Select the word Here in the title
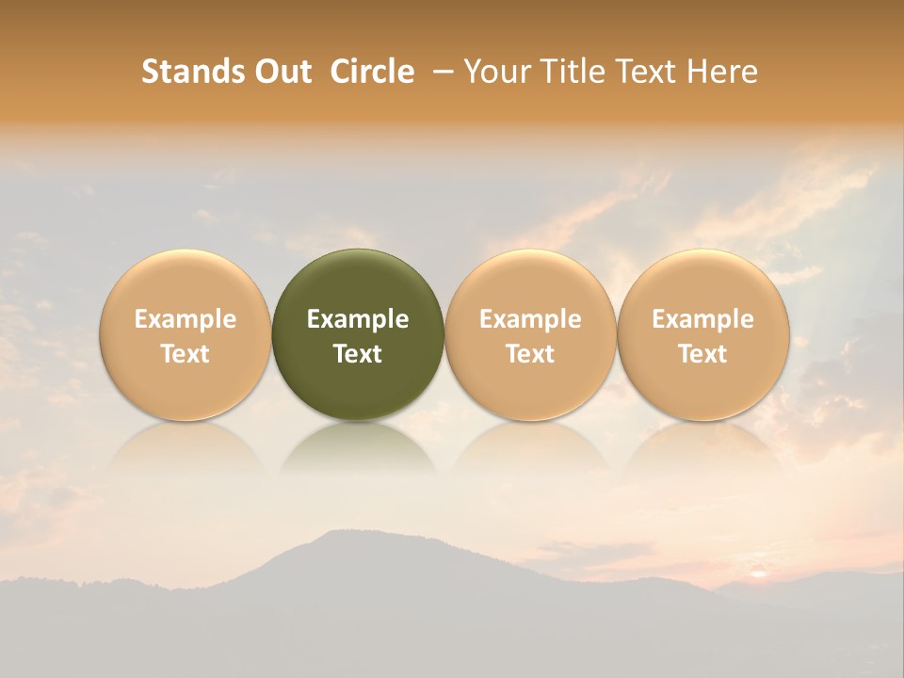point(720,73)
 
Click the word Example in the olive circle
point(358,319)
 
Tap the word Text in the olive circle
point(358,354)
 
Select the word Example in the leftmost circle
point(186,319)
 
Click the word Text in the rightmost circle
point(702,354)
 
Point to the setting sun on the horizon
point(759,572)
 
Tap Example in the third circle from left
point(530,319)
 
